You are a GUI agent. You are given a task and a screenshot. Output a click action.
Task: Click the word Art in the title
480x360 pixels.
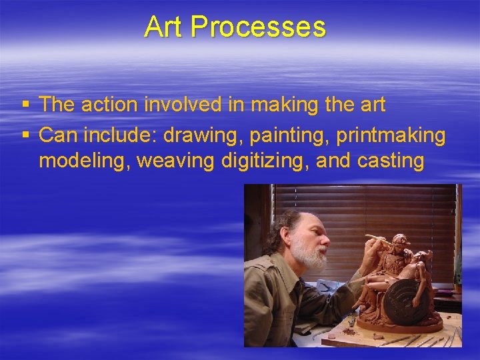[164, 27]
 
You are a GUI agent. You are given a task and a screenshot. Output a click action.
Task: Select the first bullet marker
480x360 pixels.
[25, 105]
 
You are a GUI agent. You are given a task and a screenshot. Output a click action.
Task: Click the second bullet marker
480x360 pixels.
[25, 136]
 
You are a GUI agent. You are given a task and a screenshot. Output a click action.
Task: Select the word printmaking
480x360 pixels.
[390, 135]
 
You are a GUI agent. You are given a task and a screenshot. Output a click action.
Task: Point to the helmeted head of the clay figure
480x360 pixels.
[399, 243]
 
